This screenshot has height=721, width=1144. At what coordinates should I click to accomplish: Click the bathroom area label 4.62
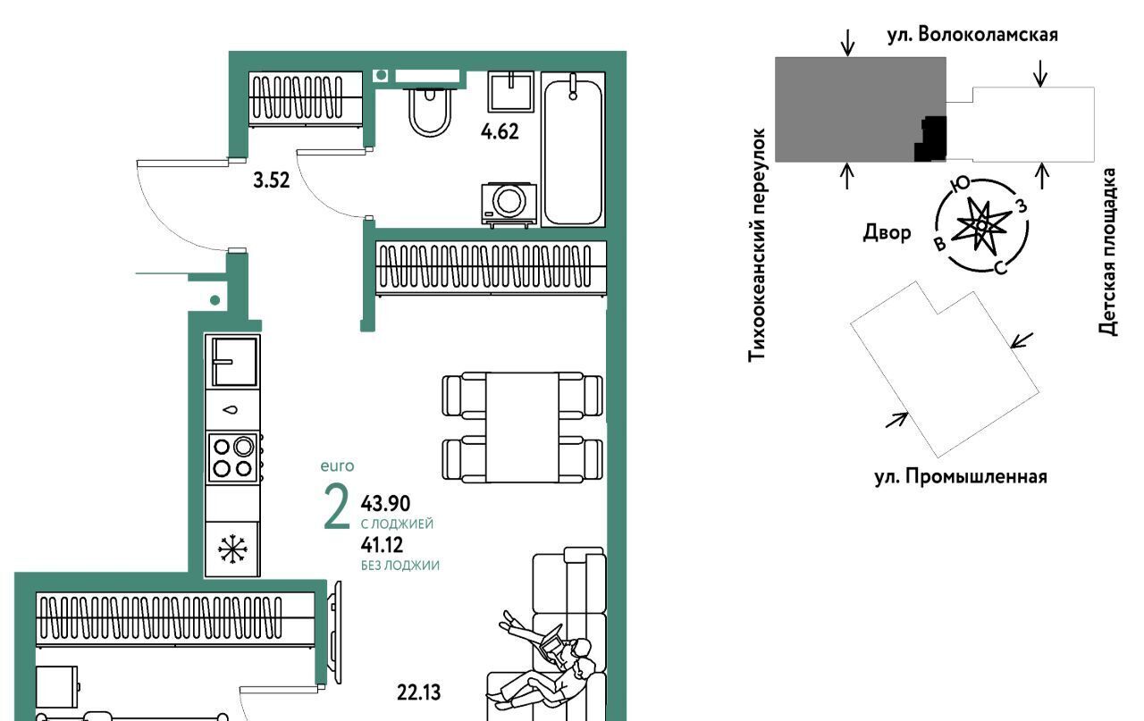[500, 131]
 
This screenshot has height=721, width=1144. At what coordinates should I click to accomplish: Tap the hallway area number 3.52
[271, 180]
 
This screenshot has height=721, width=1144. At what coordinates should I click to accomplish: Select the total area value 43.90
[385, 504]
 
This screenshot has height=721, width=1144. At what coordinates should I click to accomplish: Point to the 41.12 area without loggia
[382, 545]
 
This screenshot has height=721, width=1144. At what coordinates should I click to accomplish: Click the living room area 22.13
[418, 693]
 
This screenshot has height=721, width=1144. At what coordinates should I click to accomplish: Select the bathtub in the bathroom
[573, 149]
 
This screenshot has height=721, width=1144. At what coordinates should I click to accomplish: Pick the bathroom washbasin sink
[510, 91]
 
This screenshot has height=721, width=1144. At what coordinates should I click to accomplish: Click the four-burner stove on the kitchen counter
[233, 457]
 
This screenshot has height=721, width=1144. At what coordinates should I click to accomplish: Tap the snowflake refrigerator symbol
[232, 549]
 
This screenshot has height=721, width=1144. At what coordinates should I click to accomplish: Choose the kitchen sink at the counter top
[234, 362]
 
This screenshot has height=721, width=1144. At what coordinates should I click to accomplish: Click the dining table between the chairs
[522, 427]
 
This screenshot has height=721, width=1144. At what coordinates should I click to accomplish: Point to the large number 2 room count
[337, 507]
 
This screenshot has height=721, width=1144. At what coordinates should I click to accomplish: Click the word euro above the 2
[337, 466]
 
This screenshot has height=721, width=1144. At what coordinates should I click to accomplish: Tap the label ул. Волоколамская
[972, 35]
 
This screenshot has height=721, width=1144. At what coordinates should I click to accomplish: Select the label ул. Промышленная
[961, 477]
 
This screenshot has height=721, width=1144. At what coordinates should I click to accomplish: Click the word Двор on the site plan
[887, 233]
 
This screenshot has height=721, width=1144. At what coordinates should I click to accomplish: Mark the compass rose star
[981, 225]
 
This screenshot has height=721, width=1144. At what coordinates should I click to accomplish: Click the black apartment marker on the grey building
[931, 138]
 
